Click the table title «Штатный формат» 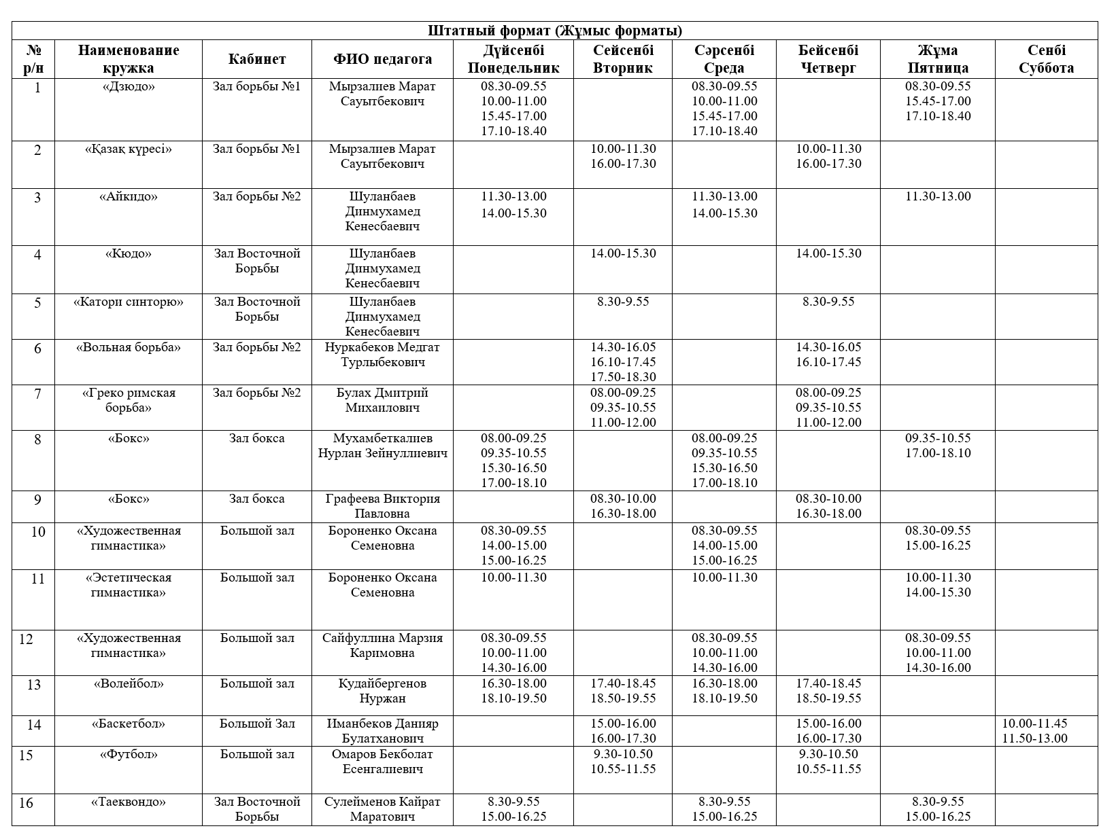tap(554, 31)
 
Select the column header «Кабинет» tap(256, 59)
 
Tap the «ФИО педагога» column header tap(382, 59)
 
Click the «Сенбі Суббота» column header tap(1046, 59)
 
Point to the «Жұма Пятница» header tap(937, 59)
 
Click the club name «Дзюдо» tap(129, 86)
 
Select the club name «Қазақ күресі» tap(129, 149)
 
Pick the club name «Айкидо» tap(129, 196)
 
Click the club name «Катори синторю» tap(129, 302)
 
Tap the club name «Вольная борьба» tap(129, 347)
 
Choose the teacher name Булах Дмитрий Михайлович tap(382, 400)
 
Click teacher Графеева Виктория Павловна tap(382, 506)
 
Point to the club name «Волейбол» tap(129, 683)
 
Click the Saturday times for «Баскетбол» tap(1034, 731)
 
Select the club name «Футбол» tap(129, 754)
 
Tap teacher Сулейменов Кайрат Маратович tap(382, 809)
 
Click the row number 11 tap(37, 579)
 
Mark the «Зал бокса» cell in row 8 tap(256, 438)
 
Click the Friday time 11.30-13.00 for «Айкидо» tap(938, 196)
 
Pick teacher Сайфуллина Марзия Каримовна tap(382, 645)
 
